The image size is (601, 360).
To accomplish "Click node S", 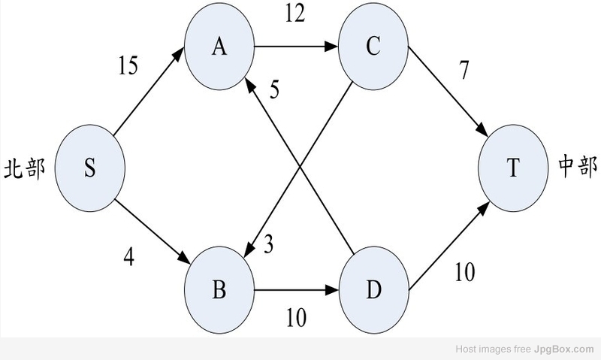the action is pos(89,168).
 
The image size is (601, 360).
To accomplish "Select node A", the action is pos(219,47).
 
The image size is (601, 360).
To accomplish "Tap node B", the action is pos(219,290).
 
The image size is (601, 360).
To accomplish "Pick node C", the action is pos(373,47).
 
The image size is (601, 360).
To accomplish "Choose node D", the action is pos(373,290).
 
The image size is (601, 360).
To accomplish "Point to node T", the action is pos(513,168).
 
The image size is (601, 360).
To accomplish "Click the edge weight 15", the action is pos(128,65).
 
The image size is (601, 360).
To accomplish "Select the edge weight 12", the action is pos(295,14).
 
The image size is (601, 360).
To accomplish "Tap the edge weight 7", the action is pos(464,70).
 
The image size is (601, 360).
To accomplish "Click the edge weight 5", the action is pos(274,89).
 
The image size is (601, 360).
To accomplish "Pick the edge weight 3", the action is pos(269,244).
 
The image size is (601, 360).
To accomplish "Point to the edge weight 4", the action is pos(129,256).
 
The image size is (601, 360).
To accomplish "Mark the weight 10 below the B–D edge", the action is pos(296,317).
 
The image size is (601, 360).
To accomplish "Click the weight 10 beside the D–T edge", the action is pos(465,272).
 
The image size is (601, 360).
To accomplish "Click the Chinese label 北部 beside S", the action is pos(25,168).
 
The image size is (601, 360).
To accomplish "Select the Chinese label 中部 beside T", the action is pos(578,166).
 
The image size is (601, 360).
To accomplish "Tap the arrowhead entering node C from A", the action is pos(331,47).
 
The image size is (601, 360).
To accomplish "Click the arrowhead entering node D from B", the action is pos(332,290).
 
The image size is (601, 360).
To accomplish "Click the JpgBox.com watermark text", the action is pos(563,349).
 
